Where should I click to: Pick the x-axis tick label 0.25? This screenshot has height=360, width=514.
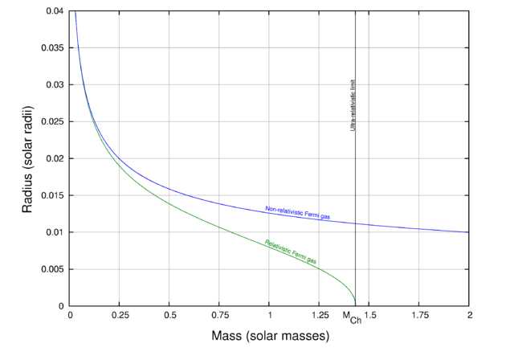click(120, 315)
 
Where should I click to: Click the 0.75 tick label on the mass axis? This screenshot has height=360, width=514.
click(219, 315)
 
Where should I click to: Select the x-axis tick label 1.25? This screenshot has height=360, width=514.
click(319, 315)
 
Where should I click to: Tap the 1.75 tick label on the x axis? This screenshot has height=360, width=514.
click(418, 315)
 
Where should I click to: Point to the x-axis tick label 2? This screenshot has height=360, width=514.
click(468, 315)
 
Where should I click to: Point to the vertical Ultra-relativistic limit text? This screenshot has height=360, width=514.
click(354, 105)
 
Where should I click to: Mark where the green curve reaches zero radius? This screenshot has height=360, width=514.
click(355, 305)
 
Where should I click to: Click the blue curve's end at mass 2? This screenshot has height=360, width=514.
click(468, 232)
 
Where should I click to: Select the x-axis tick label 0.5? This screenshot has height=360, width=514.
click(169, 315)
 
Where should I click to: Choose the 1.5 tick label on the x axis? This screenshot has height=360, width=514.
click(369, 315)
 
